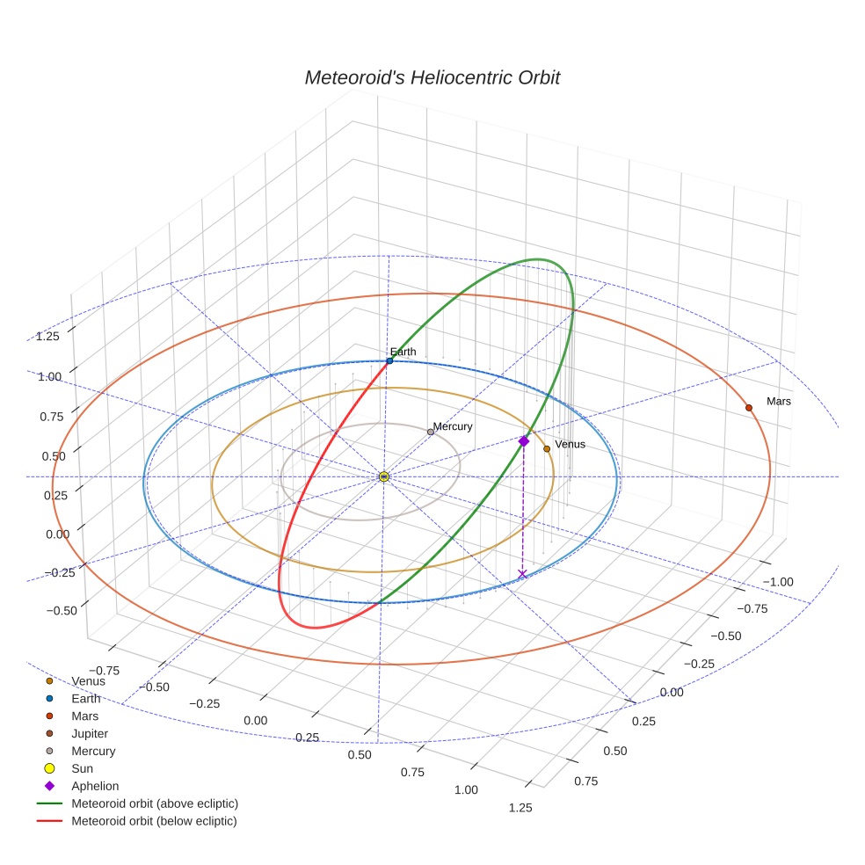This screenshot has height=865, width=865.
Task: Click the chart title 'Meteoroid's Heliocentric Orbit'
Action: coord(432,77)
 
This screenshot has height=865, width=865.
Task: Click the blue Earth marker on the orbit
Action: coord(389,360)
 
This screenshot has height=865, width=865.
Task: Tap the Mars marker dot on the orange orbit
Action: coord(748,407)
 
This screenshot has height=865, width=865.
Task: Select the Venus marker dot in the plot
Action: coord(547,448)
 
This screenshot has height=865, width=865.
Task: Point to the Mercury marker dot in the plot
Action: coord(430,432)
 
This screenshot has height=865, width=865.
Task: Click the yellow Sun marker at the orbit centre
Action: coord(384,476)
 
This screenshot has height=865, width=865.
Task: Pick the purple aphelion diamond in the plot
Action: coord(524,440)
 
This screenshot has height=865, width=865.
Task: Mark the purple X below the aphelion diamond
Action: coord(523,574)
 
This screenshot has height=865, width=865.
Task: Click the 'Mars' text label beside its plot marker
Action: coord(778,401)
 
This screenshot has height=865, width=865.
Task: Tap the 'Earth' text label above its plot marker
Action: coord(403,352)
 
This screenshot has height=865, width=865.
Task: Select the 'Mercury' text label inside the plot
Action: coord(453,426)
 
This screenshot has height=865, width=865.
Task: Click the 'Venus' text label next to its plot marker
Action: coord(570,444)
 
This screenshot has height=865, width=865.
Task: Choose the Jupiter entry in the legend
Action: coord(90,733)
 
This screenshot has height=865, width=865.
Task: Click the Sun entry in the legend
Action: coord(83,768)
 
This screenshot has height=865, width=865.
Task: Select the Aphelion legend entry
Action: coord(94,786)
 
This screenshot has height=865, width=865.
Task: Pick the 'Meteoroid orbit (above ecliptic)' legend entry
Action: coord(154,803)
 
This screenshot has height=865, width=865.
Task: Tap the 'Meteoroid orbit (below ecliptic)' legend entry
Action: coord(154,821)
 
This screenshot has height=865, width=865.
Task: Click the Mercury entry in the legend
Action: coord(93,751)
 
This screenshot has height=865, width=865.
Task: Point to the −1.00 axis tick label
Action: coord(778,581)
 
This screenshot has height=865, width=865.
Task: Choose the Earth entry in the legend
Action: coord(85,698)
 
